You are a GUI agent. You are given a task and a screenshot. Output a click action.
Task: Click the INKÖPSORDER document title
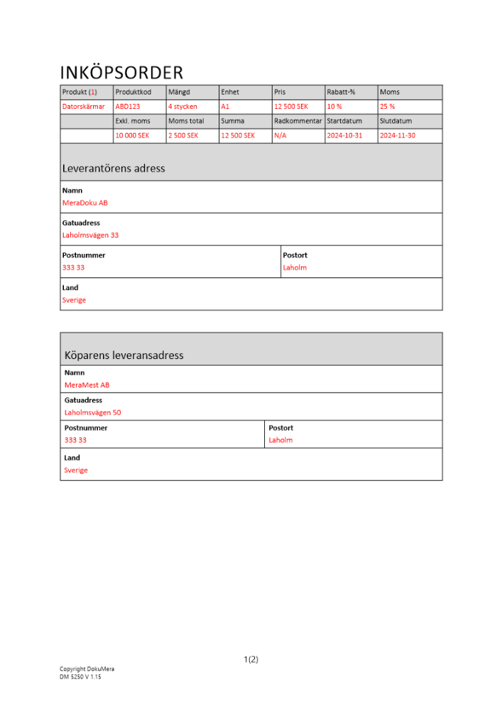pyautogui.click(x=121, y=73)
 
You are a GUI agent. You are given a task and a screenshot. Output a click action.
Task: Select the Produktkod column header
pyautogui.click(x=133, y=92)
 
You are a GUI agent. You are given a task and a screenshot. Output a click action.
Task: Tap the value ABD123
pyautogui.click(x=128, y=107)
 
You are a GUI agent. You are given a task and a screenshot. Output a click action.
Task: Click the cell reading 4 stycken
pyautogui.click(x=182, y=107)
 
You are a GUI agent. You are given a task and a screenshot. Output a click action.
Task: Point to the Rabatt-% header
pyautogui.click(x=341, y=92)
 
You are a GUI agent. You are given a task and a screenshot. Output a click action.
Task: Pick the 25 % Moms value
pyautogui.click(x=388, y=107)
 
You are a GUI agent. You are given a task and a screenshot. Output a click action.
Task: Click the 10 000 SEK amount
pyautogui.click(x=132, y=135)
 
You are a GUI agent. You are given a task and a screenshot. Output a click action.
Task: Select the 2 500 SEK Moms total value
pyautogui.click(x=183, y=135)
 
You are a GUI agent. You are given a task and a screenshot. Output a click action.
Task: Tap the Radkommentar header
pyautogui.click(x=298, y=121)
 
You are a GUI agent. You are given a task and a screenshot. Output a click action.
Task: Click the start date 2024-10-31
pyautogui.click(x=344, y=135)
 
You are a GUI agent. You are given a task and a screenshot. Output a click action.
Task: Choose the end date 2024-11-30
pyautogui.click(x=398, y=135)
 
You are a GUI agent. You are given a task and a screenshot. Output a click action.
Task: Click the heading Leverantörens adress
pyautogui.click(x=114, y=169)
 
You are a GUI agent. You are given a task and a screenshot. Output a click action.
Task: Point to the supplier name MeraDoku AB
pyautogui.click(x=85, y=203)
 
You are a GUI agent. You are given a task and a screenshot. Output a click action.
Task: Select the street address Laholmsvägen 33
pyautogui.click(x=90, y=235)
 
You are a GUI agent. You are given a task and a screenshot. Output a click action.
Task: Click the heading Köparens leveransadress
pyautogui.click(x=124, y=355)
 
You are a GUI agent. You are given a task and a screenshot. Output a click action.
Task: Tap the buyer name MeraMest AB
pyautogui.click(x=87, y=385)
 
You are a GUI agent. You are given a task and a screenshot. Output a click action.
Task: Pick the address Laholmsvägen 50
pyautogui.click(x=92, y=412)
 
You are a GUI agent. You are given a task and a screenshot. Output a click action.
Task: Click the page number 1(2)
pyautogui.click(x=251, y=659)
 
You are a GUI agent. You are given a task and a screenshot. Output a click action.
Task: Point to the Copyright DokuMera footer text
pyautogui.click(x=87, y=669)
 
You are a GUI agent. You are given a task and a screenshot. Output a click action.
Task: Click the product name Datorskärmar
pyautogui.click(x=84, y=107)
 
